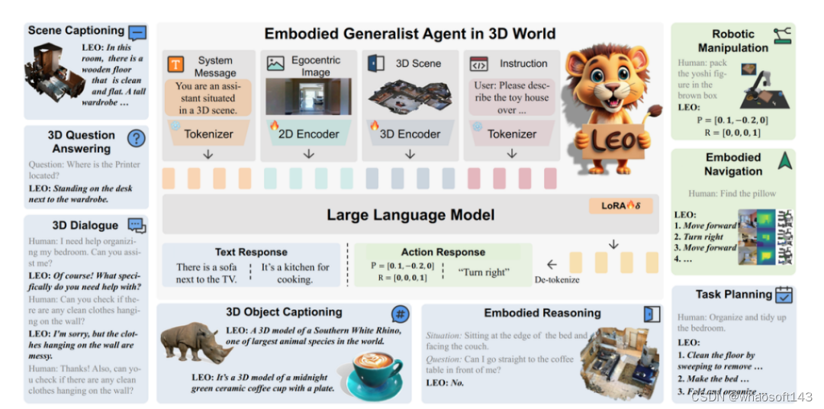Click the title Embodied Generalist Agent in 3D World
pyautogui.click(x=410, y=34)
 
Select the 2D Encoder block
pyautogui.click(x=308, y=134)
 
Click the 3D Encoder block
pyautogui.click(x=410, y=134)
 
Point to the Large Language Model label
pyautogui.click(x=410, y=215)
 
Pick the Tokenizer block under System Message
pyautogui.click(x=208, y=134)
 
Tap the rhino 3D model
pyautogui.click(x=194, y=343)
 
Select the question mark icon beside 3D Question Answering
pyautogui.click(x=136, y=138)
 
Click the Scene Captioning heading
pyautogui.click(x=76, y=31)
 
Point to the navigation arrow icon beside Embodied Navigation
pyautogui.click(x=784, y=161)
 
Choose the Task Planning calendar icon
pyautogui.click(x=784, y=295)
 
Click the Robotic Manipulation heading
pyautogui.click(x=732, y=40)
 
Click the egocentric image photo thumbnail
pyautogui.click(x=308, y=96)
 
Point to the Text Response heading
pyautogui.click(x=251, y=252)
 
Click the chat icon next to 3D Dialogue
pyautogui.click(x=136, y=225)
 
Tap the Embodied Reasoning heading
pyautogui.click(x=542, y=313)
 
